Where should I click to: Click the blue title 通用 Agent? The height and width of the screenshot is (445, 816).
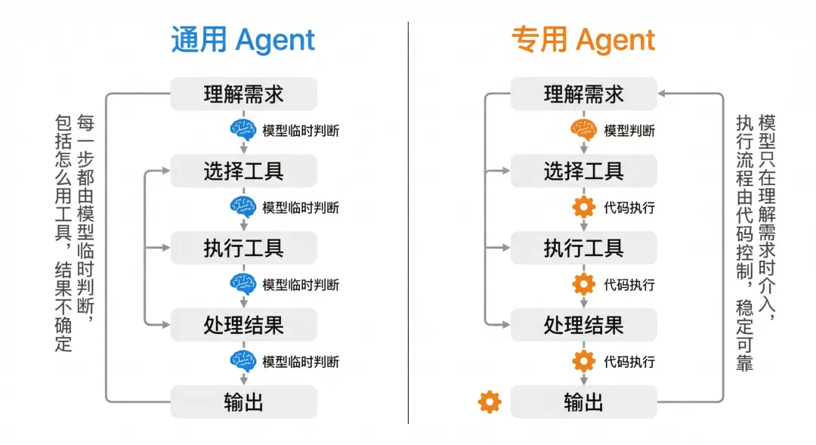[x=243, y=40]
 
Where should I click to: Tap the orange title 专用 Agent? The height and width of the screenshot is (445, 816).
[x=583, y=40]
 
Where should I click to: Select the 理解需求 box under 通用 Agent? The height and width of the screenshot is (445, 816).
[x=243, y=94]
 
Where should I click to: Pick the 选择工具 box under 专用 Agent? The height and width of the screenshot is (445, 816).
[x=583, y=172]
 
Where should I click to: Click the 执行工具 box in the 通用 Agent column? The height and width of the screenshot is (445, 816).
[x=243, y=248]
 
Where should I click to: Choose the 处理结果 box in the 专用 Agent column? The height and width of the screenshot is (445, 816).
[x=583, y=325]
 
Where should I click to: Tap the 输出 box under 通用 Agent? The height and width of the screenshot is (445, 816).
[x=243, y=402]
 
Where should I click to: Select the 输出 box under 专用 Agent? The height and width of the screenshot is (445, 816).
[x=583, y=402]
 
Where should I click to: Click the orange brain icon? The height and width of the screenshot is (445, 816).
[x=583, y=130]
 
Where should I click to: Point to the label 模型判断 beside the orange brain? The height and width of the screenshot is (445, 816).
[x=629, y=131]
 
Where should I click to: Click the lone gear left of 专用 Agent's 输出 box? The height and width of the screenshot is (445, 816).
[x=490, y=402]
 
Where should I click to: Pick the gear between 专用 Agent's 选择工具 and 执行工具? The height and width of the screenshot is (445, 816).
[x=583, y=207]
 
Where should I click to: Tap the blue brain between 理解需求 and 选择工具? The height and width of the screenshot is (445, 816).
[x=243, y=130]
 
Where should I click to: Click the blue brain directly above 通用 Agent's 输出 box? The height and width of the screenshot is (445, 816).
[x=243, y=361]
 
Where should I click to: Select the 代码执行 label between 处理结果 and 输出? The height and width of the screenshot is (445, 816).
[x=629, y=361]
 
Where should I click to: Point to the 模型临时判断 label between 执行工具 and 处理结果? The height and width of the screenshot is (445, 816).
[x=301, y=284]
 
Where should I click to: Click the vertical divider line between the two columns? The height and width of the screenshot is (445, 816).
[x=408, y=227]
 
